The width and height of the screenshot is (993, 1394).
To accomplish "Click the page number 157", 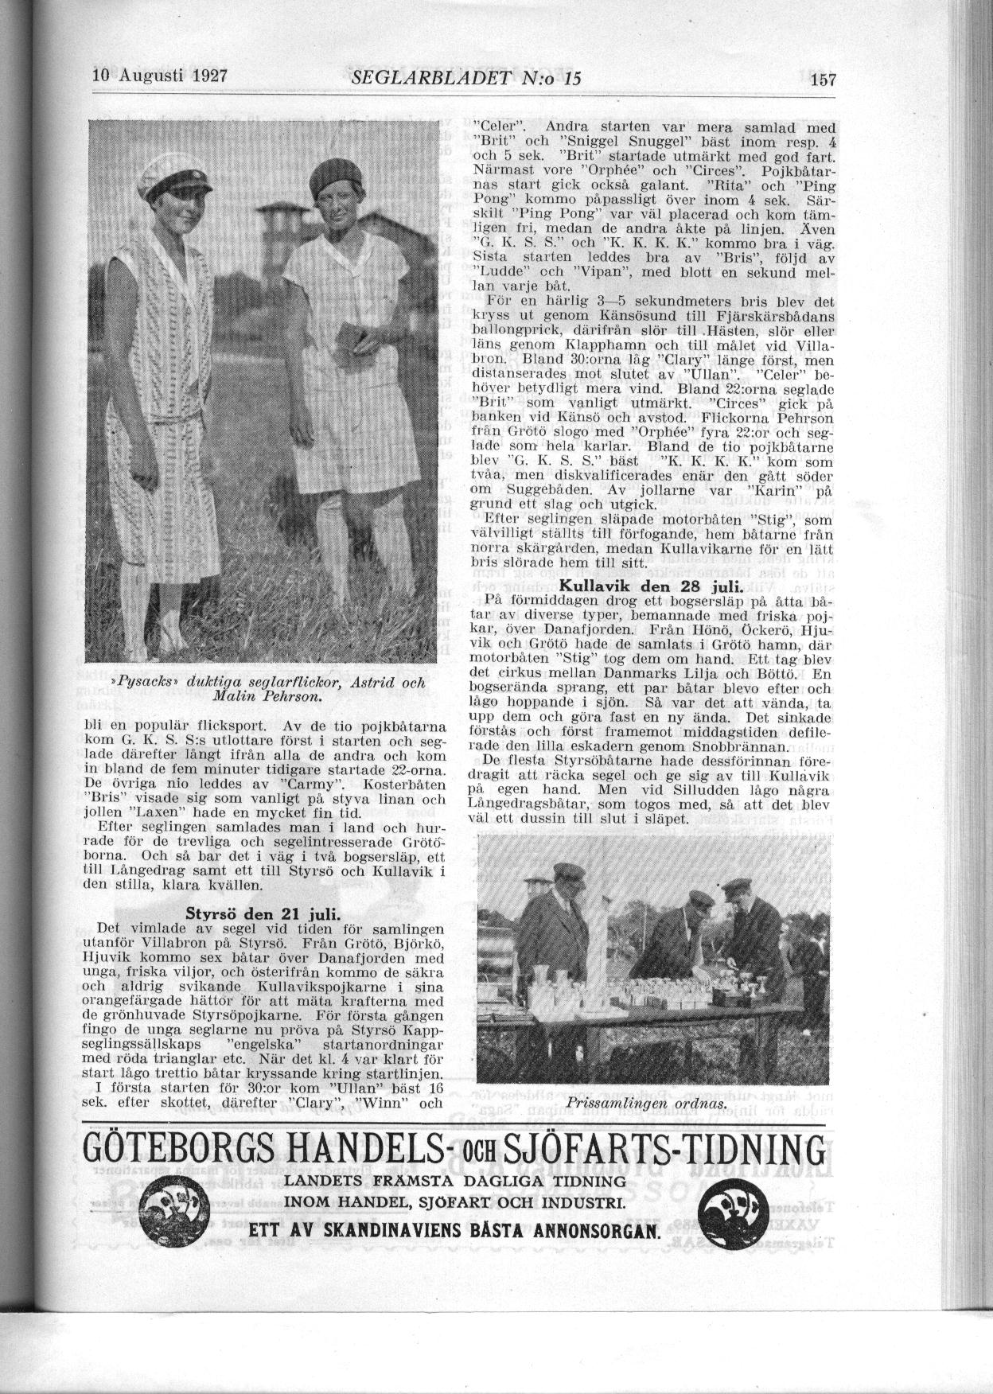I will point(823,80).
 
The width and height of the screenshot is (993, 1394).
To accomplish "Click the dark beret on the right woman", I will point(333,177).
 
